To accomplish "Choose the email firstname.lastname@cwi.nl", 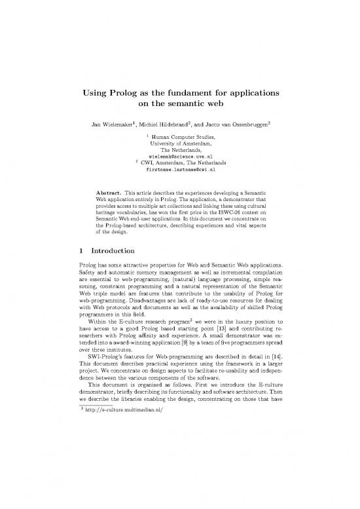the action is [x=179, y=170].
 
